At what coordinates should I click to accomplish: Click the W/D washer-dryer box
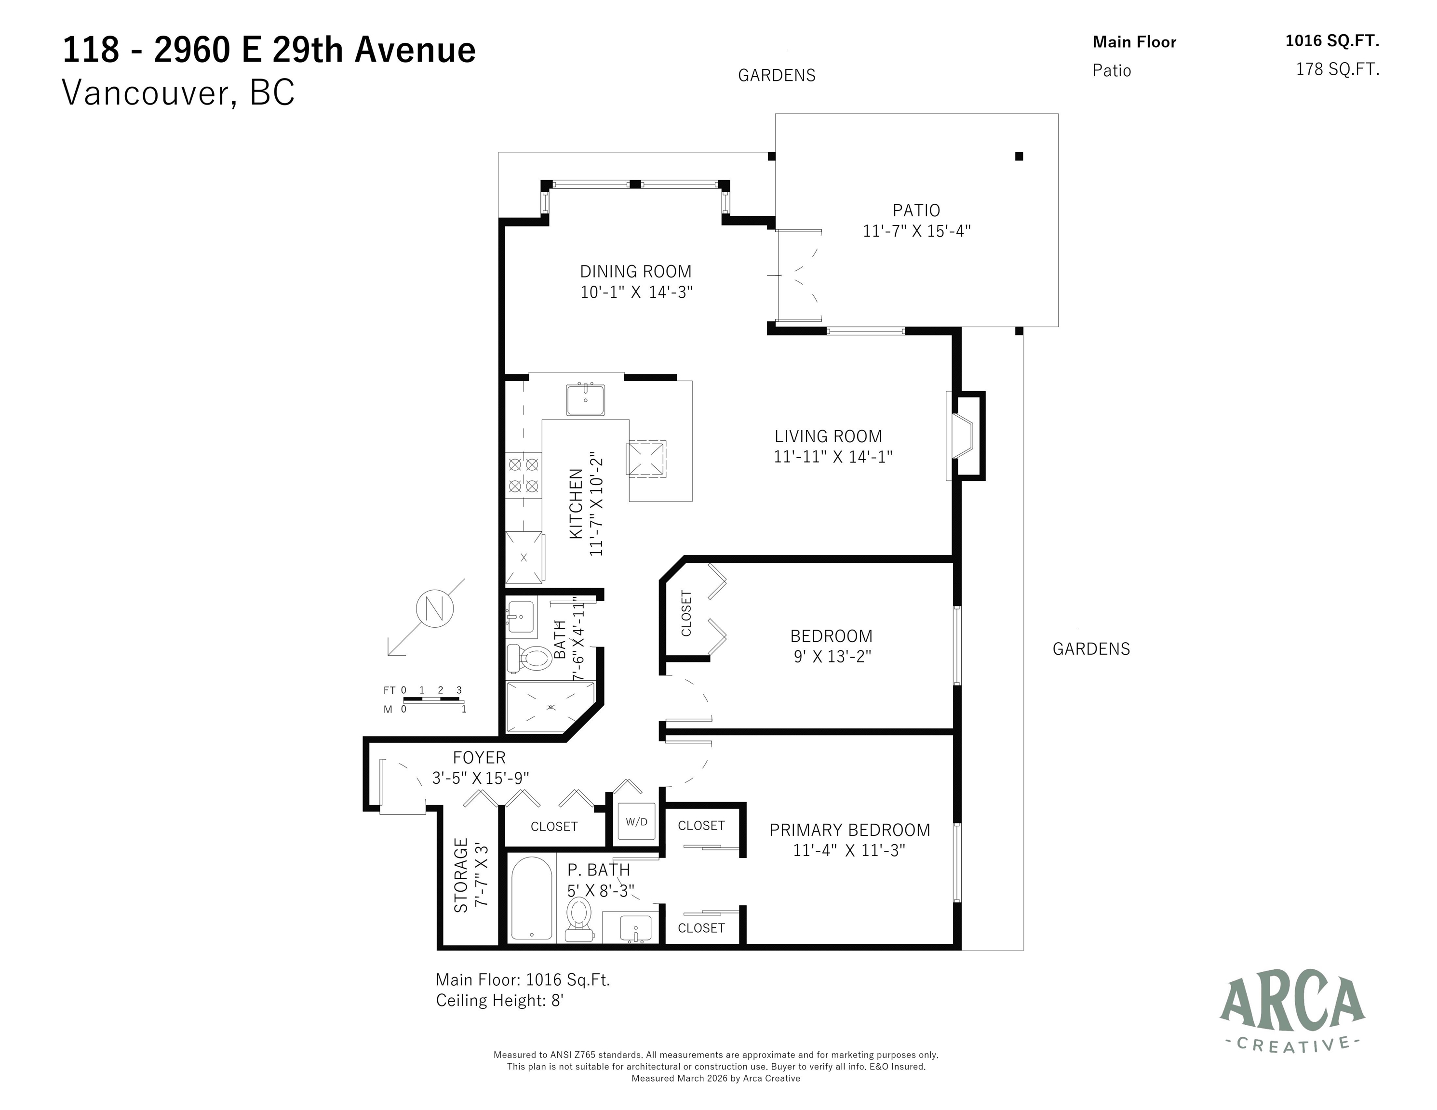coord(636,821)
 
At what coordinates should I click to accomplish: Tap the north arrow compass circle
coord(435,609)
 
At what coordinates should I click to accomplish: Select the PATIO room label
coord(916,211)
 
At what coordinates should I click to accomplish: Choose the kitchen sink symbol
coord(585,399)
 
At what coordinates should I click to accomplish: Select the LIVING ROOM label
coord(828,436)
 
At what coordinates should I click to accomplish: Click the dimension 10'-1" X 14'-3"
coord(636,292)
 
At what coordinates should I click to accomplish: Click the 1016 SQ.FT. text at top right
coord(1332,41)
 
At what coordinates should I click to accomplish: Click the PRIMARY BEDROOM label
coord(849,830)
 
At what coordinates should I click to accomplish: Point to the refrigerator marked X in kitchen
coord(524,557)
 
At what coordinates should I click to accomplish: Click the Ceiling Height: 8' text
coord(500,1000)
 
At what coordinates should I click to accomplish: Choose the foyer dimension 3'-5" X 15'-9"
coord(480,779)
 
